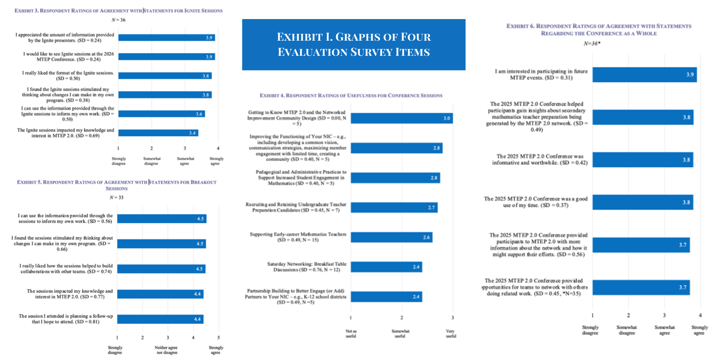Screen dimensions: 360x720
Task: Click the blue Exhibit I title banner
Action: tap(354, 45)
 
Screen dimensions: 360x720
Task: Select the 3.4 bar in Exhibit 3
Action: tap(158, 133)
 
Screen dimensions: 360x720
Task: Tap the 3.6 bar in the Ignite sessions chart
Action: tap(161, 114)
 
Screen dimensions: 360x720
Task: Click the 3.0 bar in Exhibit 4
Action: tap(402, 118)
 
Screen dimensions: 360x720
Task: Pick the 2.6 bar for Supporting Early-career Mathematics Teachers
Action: tap(391, 237)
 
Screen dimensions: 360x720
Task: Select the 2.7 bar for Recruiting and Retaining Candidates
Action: tap(394, 207)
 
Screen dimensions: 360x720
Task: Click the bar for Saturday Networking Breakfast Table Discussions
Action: tap(386, 267)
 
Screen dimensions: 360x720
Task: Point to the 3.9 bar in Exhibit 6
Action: tap(644, 75)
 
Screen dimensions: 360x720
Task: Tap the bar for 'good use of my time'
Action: tap(643, 202)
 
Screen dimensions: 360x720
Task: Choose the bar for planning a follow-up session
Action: tap(160, 319)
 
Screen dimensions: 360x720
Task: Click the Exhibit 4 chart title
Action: tap(351, 95)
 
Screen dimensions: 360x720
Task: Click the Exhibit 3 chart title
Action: tap(118, 11)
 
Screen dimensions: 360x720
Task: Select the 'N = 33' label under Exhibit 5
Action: tap(117, 197)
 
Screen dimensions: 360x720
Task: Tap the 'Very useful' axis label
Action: tap(451, 333)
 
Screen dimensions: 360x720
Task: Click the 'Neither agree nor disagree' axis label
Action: tap(166, 350)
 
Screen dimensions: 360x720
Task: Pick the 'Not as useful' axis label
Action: tap(351, 333)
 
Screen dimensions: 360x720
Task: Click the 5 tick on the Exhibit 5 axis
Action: tap(219, 338)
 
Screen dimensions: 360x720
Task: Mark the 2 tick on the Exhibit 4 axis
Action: tap(402, 318)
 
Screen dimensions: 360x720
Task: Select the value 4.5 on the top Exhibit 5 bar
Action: tap(201, 219)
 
